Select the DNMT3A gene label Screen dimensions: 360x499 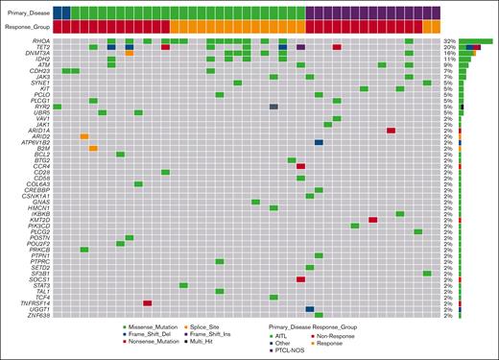[38, 52]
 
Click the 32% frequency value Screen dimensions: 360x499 [449, 40]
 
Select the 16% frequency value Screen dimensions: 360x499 [449, 52]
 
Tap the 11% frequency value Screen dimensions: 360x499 [449, 59]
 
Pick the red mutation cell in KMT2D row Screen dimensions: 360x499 [372, 220]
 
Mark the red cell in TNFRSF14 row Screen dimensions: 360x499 [148, 302]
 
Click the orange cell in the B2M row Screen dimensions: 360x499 [93, 148]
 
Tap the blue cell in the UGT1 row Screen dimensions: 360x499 [310, 308]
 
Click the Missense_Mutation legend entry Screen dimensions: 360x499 [154, 327]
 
